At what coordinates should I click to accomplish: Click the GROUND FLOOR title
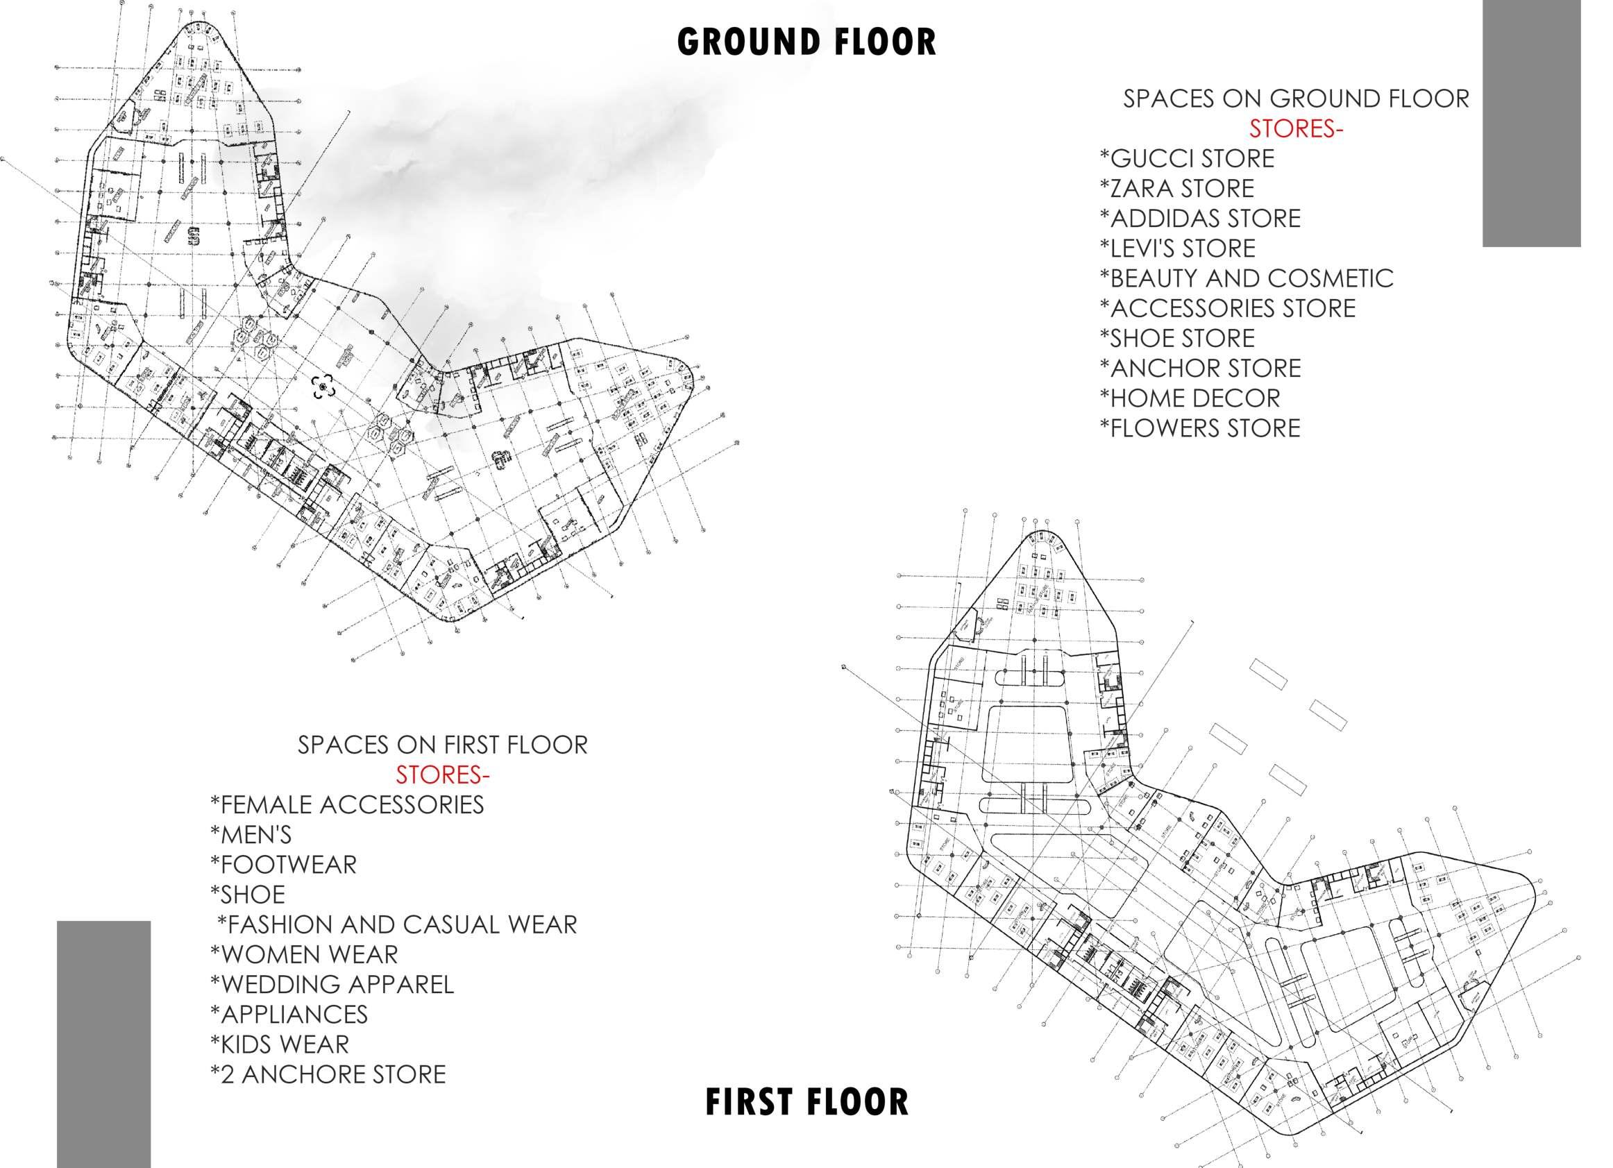coord(806,42)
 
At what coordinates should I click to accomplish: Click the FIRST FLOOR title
coord(806,1102)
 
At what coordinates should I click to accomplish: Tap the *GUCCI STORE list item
coord(1187,159)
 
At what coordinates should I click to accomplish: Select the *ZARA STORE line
coord(1177,189)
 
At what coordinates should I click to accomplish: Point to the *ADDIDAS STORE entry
coord(1200,219)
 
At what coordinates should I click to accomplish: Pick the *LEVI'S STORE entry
coord(1178,248)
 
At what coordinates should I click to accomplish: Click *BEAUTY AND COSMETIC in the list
coord(1246,278)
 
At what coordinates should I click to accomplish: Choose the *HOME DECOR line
coord(1190,398)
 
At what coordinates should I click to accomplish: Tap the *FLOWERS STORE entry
coord(1200,428)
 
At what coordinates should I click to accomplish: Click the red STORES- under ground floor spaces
coord(1296,129)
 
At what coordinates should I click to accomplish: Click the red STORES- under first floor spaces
coord(442,775)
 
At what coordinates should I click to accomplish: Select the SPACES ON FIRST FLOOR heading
coord(442,745)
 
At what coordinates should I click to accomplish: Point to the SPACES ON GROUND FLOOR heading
coord(1296,99)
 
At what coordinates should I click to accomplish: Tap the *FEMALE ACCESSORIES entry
coord(347,804)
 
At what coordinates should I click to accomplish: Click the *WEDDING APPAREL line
coord(332,985)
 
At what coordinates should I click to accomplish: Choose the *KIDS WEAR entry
coord(280,1044)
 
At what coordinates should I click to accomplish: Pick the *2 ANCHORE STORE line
coord(328,1074)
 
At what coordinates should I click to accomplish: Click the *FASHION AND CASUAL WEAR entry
coord(397,924)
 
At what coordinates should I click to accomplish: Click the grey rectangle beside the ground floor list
coord(1531,123)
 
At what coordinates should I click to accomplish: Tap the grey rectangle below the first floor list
coord(104,1044)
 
